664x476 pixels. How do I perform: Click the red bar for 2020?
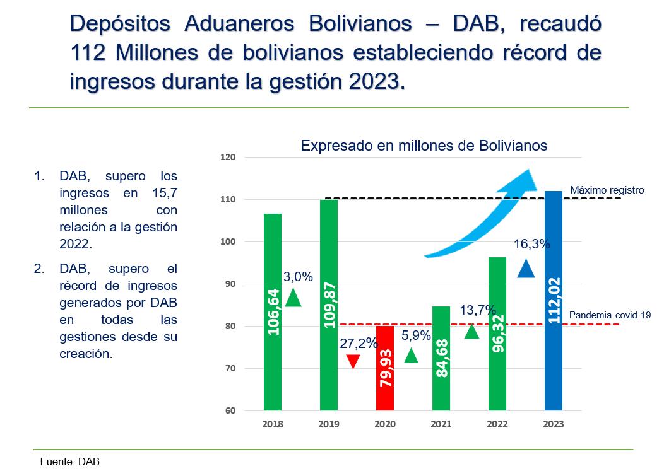(384, 369)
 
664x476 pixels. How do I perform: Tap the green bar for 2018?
(273, 312)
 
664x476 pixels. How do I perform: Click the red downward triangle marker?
(353, 362)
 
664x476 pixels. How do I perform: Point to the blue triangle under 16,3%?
(526, 269)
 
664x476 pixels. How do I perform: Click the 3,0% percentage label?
(298, 276)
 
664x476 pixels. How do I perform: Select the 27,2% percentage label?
(359, 344)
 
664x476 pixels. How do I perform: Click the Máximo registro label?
(607, 189)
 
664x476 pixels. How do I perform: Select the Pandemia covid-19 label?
(610, 315)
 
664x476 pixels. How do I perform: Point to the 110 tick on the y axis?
(227, 199)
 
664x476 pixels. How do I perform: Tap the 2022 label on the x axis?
(497, 424)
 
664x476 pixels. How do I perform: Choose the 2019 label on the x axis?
(328, 424)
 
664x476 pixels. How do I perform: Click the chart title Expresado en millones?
(424, 146)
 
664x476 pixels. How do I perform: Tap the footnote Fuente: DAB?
(69, 461)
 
